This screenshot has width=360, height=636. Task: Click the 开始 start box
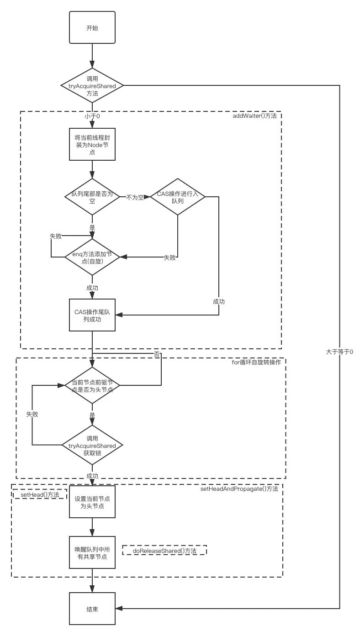(92, 28)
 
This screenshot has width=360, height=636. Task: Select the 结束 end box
(92, 609)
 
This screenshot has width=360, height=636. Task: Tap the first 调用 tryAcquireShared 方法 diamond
(92, 86)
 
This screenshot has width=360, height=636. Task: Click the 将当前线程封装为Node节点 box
(92, 144)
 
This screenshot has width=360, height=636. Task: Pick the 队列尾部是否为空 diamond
(92, 197)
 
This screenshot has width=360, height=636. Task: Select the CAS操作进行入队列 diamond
(177, 197)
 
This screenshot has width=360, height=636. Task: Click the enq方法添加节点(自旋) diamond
(92, 257)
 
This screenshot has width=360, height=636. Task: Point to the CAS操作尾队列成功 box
(92, 315)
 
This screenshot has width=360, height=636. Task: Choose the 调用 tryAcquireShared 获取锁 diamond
(92, 445)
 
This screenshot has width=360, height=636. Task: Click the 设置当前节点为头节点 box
(92, 502)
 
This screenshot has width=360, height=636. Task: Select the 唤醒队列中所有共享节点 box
(92, 552)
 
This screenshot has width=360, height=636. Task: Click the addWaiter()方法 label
(254, 116)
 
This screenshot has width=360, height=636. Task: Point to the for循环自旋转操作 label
(259, 362)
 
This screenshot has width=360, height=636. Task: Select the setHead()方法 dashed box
(40, 494)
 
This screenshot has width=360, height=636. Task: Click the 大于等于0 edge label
(339, 352)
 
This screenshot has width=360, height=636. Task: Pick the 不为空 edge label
(135, 197)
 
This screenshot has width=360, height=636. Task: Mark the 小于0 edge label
(92, 116)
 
